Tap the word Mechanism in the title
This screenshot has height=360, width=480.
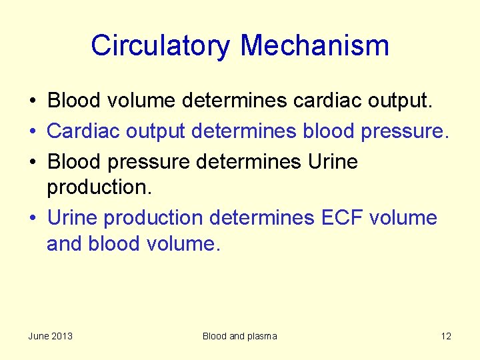[x=315, y=46]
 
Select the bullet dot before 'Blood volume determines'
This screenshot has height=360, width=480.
[x=31, y=101]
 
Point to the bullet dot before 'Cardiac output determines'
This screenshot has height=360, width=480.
[x=31, y=131]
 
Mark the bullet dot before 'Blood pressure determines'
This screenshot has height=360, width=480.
[x=31, y=162]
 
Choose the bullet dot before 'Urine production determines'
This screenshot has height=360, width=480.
[x=31, y=218]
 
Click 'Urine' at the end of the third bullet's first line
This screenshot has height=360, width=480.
[x=333, y=162]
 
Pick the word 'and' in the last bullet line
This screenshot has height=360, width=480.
[x=63, y=244]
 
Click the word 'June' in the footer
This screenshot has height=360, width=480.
[x=39, y=336]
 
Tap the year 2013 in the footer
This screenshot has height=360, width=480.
[x=62, y=336]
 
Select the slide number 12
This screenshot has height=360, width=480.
[x=446, y=336]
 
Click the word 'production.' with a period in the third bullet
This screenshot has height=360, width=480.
[x=99, y=188]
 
